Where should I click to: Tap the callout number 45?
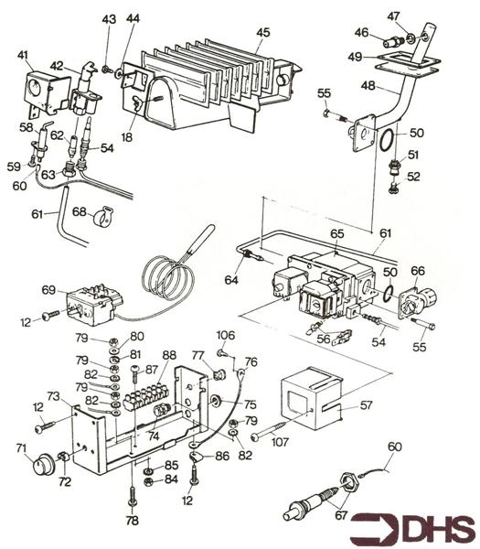262,32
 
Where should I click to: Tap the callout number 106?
225,335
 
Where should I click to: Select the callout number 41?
22,55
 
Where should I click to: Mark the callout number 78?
133,521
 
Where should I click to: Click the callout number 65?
337,234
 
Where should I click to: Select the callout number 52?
414,177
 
